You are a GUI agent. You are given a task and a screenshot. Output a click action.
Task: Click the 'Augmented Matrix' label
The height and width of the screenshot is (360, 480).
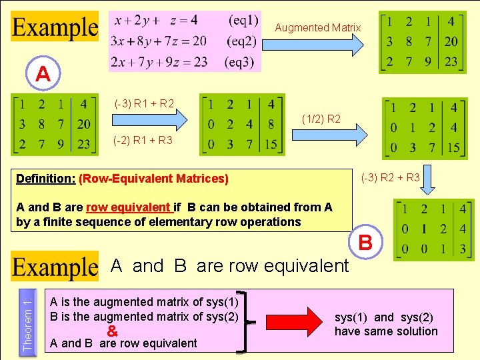coord(318,27)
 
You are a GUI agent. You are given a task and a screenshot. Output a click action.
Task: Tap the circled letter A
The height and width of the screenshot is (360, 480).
coord(43,74)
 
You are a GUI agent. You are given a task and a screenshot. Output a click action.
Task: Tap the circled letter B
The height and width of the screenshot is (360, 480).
coord(365,242)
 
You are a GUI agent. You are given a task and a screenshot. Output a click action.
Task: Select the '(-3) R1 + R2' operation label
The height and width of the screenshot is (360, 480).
coord(144,103)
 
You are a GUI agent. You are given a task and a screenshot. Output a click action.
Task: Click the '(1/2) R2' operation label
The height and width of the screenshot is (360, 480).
coord(321,119)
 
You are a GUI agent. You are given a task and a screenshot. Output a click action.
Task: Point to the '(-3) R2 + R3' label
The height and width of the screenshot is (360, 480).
coord(390,178)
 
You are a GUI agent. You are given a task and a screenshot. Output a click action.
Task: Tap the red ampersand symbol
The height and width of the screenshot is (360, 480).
coord(112,331)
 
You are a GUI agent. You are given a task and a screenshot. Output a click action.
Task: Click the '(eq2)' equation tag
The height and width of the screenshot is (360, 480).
coord(241,41)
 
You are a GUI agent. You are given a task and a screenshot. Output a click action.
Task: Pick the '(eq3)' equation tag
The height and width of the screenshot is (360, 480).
coord(241,63)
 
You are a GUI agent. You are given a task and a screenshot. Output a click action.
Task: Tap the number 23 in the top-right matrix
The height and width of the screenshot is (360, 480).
coord(451,61)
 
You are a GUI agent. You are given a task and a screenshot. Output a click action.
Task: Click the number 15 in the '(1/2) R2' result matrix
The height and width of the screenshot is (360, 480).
coord(453,147)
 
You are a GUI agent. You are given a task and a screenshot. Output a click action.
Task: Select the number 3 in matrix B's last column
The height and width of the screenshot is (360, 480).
coord(463,250)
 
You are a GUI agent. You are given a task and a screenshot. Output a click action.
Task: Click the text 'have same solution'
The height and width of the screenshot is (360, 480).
coord(386,331)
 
